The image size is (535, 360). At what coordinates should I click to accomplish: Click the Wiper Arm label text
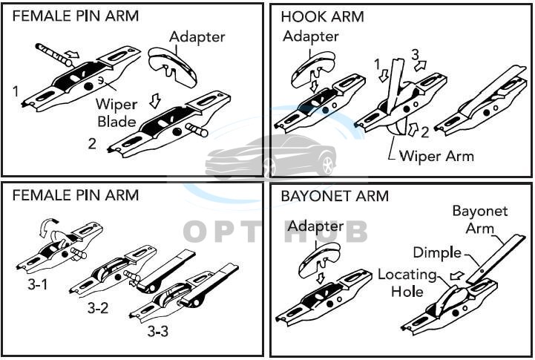tap(436, 156)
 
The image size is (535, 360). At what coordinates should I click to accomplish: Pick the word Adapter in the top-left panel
tap(197, 36)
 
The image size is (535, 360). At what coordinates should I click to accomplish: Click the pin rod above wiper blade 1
tap(52, 53)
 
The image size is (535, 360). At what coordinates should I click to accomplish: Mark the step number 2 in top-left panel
tap(92, 143)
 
